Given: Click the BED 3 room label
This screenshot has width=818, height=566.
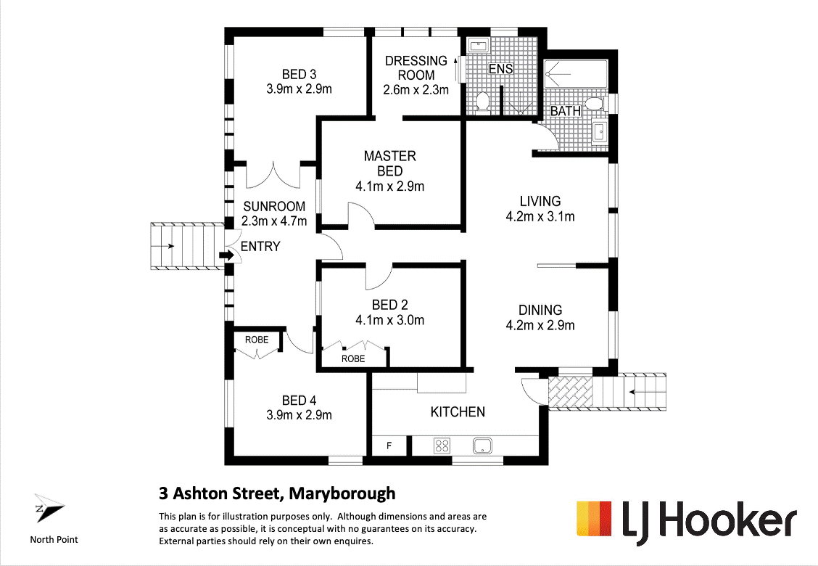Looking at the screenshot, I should [x=299, y=74].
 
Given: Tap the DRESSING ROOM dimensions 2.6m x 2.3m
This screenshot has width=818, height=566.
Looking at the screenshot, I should [x=416, y=90].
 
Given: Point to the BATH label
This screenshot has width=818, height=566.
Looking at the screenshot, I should [x=565, y=112].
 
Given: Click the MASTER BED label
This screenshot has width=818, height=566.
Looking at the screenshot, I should [x=389, y=163].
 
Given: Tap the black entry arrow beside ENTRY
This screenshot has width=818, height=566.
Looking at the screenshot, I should [x=226, y=255].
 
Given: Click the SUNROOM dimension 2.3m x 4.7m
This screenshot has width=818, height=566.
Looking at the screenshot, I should [x=273, y=221].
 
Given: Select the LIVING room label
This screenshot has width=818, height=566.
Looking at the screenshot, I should [x=540, y=201].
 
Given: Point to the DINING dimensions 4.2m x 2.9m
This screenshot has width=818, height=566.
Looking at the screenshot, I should [x=540, y=325].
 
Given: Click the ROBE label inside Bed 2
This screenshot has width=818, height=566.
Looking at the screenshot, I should [x=353, y=358].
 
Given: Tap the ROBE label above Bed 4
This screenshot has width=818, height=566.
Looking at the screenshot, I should [x=256, y=340].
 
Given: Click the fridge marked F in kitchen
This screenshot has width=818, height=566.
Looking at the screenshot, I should [x=389, y=446].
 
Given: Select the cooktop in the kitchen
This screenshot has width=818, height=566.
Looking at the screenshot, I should [x=441, y=445].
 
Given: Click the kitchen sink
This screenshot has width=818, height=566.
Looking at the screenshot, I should [x=482, y=445].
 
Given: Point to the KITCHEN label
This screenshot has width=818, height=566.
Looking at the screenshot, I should [x=458, y=411].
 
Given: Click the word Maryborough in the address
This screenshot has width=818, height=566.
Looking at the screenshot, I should [x=342, y=493].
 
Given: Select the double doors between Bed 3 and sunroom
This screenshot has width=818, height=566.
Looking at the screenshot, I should [x=273, y=174].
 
